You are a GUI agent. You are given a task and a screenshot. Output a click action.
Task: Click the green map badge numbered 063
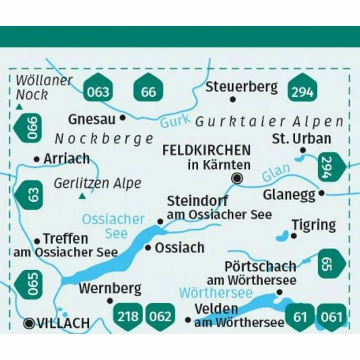98,90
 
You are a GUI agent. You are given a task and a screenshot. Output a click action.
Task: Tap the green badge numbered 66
149,90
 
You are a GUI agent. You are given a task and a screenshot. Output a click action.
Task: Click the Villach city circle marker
29,323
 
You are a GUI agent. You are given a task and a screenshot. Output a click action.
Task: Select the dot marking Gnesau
123,118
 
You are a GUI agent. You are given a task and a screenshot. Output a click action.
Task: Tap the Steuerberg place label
241,87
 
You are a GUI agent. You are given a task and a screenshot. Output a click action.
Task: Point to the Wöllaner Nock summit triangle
19,107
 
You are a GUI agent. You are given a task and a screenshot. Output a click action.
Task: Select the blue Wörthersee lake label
216,293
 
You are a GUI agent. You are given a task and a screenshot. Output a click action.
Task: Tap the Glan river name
276,173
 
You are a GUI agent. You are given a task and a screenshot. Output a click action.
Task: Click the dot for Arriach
37,159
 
